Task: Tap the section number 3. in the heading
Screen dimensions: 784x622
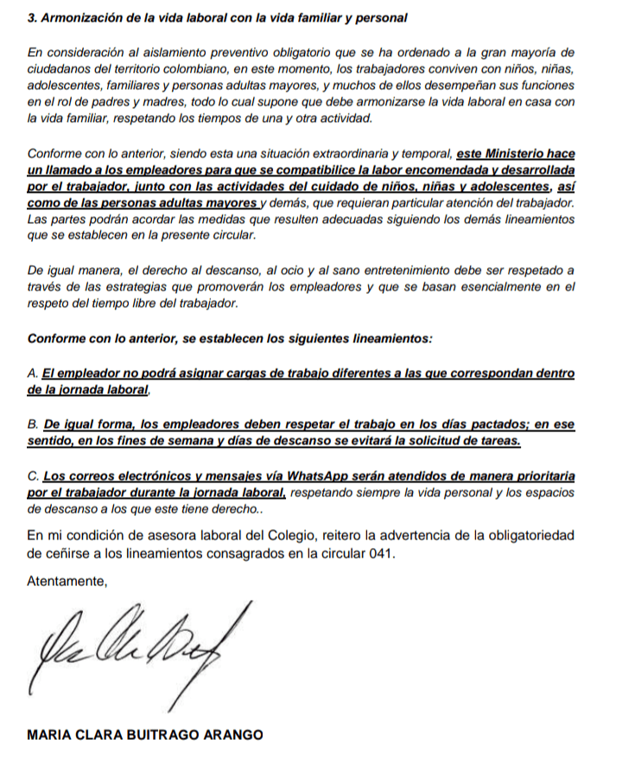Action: click(x=34, y=17)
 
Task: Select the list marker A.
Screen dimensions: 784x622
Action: click(x=33, y=373)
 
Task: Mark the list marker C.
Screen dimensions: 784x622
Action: click(x=34, y=476)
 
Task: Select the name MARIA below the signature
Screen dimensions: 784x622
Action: click(x=50, y=735)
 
